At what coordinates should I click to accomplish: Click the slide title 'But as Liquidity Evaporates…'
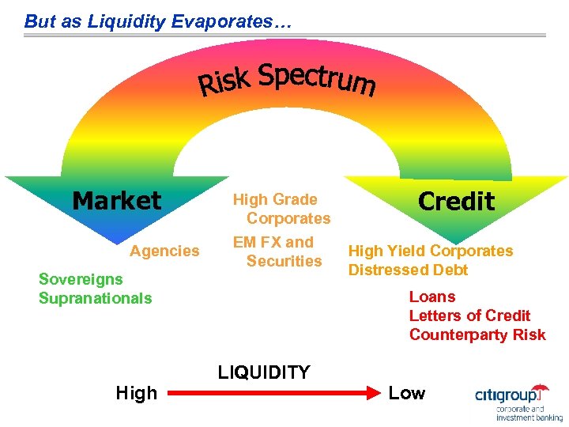[158, 21]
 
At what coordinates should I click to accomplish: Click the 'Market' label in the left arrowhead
[116, 201]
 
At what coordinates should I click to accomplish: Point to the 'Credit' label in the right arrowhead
[456, 201]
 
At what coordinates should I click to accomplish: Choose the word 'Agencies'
[164, 251]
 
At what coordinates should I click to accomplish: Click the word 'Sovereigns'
[81, 279]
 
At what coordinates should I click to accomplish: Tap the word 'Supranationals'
[95, 298]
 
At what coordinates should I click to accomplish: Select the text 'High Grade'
[274, 200]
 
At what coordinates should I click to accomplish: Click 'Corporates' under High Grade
[288, 218]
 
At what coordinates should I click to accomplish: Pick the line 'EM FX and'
[273, 243]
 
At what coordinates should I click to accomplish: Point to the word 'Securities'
[284, 261]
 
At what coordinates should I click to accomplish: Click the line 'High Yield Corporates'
[431, 251]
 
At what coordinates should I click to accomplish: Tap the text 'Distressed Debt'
[409, 270]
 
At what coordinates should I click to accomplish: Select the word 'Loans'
[432, 297]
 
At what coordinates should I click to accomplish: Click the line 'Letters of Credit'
[469, 316]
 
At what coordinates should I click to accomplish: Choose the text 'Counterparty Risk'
[477, 334]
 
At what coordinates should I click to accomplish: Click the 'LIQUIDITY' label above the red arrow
[263, 372]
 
